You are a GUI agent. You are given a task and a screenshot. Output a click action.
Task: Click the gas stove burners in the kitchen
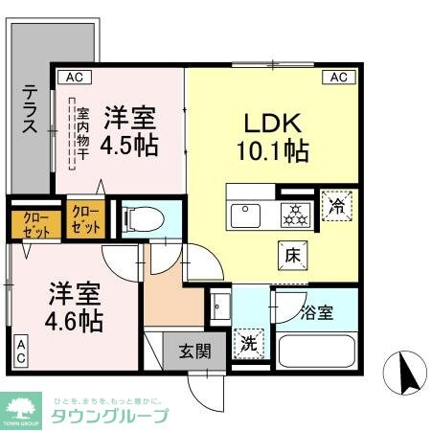[x=294, y=215]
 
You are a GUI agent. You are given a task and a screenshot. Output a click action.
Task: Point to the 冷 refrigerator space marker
[x=336, y=205]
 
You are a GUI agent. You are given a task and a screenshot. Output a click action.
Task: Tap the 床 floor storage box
[x=292, y=255]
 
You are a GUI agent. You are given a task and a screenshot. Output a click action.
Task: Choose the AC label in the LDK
[x=338, y=78]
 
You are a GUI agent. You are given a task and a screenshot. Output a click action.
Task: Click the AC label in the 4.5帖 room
[x=73, y=78]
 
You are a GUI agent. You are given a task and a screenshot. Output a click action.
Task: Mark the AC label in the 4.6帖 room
[x=20, y=351]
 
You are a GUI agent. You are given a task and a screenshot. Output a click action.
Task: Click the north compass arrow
[x=401, y=374]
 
